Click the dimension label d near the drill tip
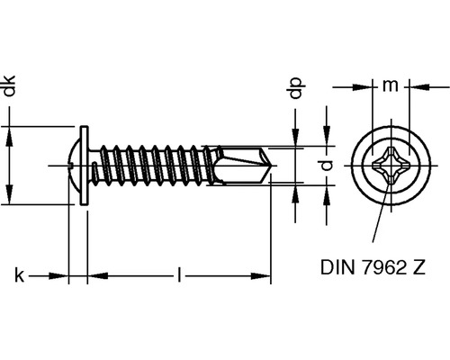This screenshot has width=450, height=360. tap(329, 165)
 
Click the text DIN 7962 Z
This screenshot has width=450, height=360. tap(369, 267)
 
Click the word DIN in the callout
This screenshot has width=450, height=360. tap(334, 267)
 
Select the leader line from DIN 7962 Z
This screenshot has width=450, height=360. tap(383, 216)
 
